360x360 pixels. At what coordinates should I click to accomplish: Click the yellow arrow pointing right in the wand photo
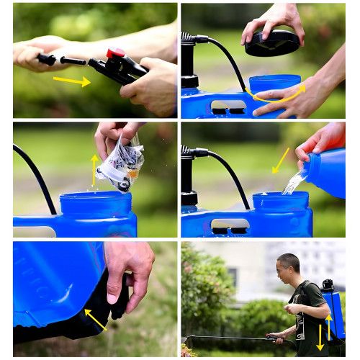click(71, 81)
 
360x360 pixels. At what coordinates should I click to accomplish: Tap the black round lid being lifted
click(272, 43)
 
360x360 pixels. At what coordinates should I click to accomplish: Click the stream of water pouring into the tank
click(293, 183)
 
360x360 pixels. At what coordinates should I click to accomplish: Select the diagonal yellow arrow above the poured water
click(281, 160)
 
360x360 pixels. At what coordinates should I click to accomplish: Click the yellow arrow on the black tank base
click(95, 319)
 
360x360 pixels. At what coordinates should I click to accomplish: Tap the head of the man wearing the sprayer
click(288, 269)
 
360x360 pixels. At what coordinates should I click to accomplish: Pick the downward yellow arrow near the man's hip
click(320, 337)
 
